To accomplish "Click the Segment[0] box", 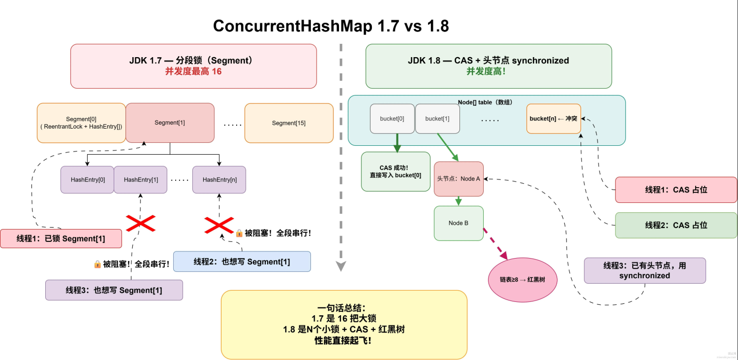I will point(81,123).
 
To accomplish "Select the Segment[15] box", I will point(289,123).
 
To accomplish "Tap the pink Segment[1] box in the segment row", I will point(170,122).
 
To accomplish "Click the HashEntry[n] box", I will point(219,180).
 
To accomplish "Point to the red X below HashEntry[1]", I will point(140,222).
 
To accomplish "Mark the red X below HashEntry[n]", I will point(219,225).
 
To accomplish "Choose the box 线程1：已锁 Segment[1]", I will point(60,239).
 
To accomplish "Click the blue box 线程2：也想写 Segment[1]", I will point(241,261).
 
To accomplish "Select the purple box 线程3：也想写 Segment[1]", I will point(114,290).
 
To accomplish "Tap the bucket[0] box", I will point(392,119).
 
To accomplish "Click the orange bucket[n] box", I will point(553,119).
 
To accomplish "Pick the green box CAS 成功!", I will point(395,171).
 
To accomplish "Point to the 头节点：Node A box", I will point(459,179).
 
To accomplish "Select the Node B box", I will point(459,223).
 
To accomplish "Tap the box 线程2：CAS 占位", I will point(676,225).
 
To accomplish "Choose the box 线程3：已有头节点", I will point(645,270).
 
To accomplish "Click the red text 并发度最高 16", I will point(193,71).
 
